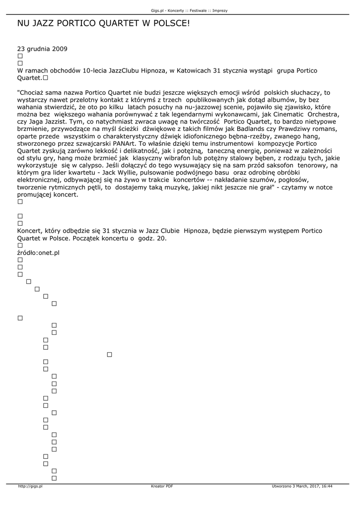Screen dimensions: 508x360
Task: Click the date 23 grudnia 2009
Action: (x=42, y=49)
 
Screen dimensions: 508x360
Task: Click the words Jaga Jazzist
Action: (x=46, y=122)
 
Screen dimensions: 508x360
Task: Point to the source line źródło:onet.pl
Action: (x=38, y=253)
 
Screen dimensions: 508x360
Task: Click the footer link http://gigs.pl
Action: (x=30, y=486)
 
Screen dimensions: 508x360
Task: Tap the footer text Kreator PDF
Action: (x=162, y=486)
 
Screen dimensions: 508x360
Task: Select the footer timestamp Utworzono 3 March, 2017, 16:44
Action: (x=302, y=486)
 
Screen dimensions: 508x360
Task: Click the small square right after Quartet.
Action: (x=46, y=78)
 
